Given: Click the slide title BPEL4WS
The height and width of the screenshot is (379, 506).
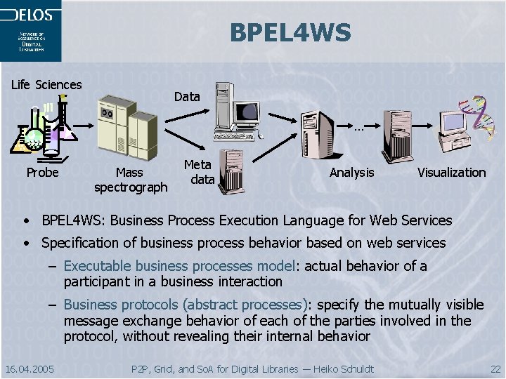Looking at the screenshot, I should click(290, 32).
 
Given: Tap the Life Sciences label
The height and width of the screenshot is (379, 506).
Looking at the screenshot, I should click(46, 85).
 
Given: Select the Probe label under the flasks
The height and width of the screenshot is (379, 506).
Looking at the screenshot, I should click(42, 172).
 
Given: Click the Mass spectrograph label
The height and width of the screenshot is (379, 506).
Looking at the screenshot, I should click(131, 180).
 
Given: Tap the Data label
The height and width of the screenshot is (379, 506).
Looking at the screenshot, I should click(187, 97).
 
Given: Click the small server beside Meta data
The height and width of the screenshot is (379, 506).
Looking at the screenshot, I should click(231, 171).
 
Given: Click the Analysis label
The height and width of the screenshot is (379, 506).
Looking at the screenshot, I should click(352, 172).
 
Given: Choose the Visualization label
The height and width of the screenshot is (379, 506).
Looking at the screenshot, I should click(451, 172).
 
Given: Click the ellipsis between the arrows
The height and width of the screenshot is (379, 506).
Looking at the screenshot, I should click(359, 128).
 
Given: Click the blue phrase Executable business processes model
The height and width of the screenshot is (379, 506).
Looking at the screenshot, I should click(179, 266).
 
